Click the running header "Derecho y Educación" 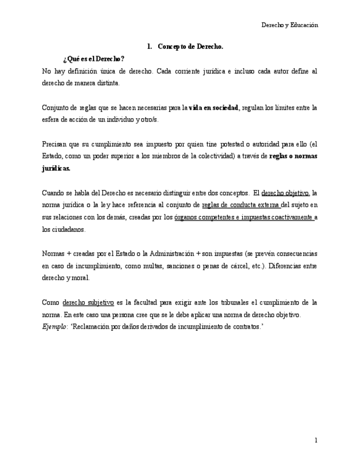tap(289, 25)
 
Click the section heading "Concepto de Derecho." tap(190, 47)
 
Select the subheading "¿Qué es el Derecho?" tap(93, 59)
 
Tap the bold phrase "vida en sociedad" tap(213, 108)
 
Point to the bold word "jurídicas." tap(56, 169)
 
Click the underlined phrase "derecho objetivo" tap(285, 193)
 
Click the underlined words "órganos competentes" tap(201, 217)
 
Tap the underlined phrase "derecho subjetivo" tap(88, 302)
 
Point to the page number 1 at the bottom tap(316, 440)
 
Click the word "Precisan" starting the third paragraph tap(54, 145)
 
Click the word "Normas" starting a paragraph tap(53, 253)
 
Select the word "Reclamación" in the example tap(92, 326)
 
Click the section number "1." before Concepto tap(149, 47)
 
